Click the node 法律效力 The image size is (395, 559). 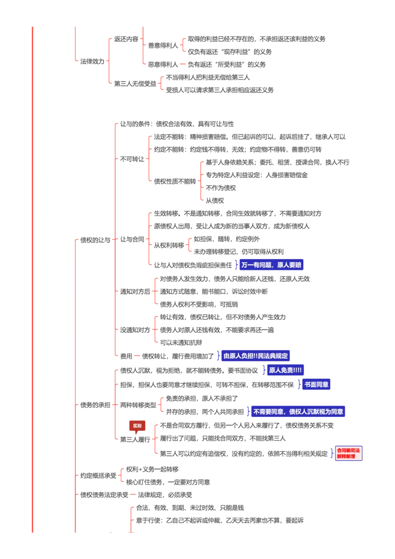[92, 61]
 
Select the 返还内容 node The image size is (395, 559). [126, 39]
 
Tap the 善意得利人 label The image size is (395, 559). [163, 45]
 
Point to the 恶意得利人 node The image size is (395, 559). [163, 65]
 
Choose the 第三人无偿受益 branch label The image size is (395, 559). [135, 84]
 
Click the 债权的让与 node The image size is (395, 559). [95, 240]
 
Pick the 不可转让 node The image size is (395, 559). [132, 159]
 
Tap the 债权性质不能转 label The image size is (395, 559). [175, 181]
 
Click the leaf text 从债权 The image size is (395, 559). [215, 200]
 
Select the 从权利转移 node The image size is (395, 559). [169, 245]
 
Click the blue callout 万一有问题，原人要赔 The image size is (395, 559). [271, 265]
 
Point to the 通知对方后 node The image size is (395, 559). [135, 292]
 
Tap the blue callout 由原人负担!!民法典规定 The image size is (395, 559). [255, 356]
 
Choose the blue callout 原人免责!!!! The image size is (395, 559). [285, 370]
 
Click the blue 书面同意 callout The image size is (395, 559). [316, 384]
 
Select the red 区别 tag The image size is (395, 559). [137, 426]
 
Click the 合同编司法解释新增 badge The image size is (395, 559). [349, 453]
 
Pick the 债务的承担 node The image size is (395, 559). [95, 405]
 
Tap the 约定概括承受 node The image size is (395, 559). [98, 476]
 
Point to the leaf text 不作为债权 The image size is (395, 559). [221, 188]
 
